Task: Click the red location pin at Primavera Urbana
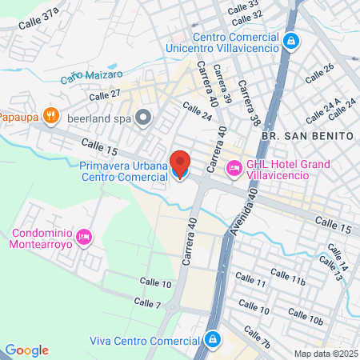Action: (x=181, y=164)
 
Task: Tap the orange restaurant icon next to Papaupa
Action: (x=50, y=115)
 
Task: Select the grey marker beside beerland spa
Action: (x=144, y=118)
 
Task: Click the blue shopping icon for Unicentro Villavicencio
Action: (x=290, y=39)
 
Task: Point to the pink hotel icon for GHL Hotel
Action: (x=234, y=168)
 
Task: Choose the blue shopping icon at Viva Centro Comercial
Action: (x=212, y=339)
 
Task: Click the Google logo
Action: (x=26, y=350)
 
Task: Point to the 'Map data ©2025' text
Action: (x=325, y=354)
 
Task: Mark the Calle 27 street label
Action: (x=104, y=94)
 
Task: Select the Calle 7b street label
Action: (x=257, y=337)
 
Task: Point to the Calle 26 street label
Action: (x=319, y=73)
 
